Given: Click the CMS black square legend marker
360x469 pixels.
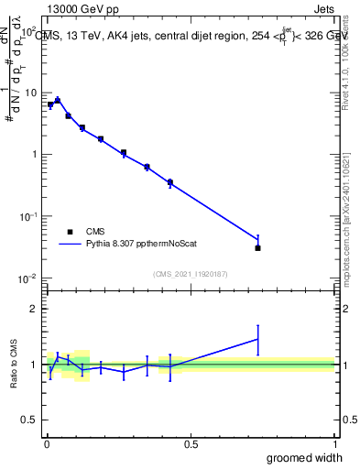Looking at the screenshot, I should coord(70,232).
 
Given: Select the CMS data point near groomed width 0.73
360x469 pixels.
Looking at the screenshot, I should coord(258,247).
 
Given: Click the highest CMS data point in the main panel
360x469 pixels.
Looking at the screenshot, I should coord(57,101).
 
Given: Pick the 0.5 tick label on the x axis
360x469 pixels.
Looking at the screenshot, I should coord(191,444).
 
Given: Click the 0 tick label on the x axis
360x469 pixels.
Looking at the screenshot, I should coord(47,444).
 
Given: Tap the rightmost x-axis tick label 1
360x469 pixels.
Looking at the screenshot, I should coord(334,444).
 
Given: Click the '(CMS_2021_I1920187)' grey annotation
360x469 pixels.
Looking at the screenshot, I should coord(191,273).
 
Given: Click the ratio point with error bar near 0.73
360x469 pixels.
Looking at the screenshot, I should coord(258,339).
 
